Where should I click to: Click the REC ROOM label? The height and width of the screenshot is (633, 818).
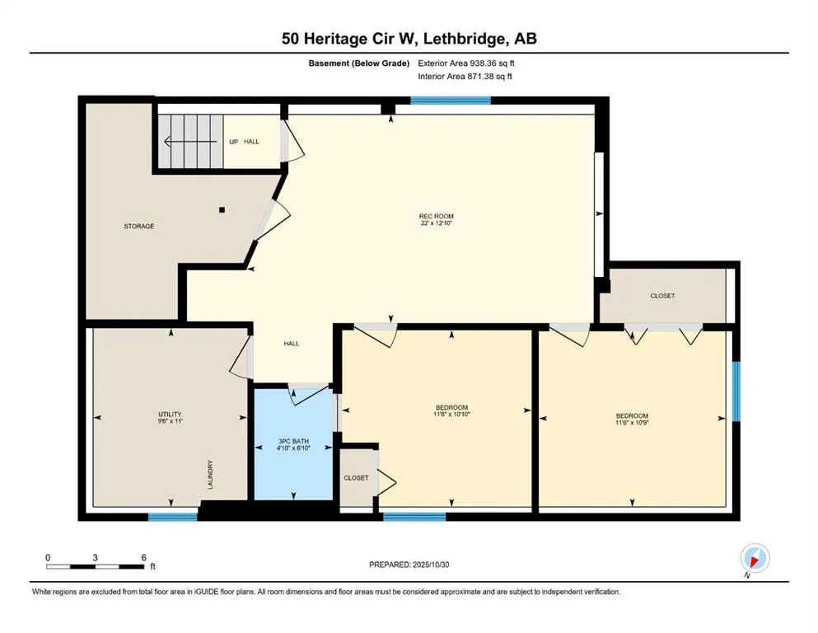click(x=436, y=217)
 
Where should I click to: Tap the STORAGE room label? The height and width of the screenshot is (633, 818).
click(x=139, y=226)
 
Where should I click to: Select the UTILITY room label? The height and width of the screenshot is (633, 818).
click(x=170, y=414)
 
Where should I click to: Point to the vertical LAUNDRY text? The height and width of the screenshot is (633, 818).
click(x=211, y=475)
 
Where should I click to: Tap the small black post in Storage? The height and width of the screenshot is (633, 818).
click(x=222, y=209)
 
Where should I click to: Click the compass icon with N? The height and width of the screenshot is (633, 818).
click(x=755, y=559)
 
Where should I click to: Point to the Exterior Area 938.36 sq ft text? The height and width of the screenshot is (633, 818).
click(x=467, y=63)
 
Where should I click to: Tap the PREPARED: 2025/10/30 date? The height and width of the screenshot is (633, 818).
click(x=409, y=565)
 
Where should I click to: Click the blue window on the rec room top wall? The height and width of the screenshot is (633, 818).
click(x=450, y=101)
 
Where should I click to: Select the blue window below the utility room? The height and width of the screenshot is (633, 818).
click(x=173, y=517)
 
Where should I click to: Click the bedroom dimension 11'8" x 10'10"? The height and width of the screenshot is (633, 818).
click(x=451, y=415)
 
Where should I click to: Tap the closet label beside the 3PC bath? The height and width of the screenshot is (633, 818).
click(x=356, y=477)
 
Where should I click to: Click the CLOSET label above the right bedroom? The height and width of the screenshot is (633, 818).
click(x=662, y=295)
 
